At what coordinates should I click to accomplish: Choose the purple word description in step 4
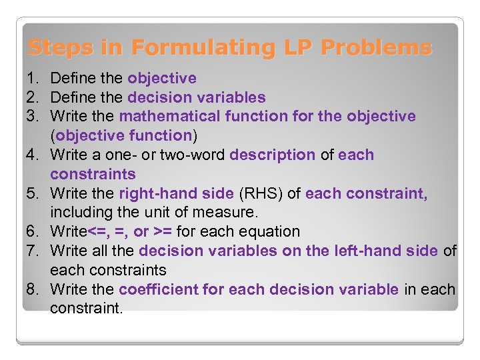(x=272, y=155)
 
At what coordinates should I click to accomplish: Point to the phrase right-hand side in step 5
(x=176, y=194)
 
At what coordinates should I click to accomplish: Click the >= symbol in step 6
(x=162, y=232)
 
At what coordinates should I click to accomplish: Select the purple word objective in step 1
(x=162, y=79)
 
